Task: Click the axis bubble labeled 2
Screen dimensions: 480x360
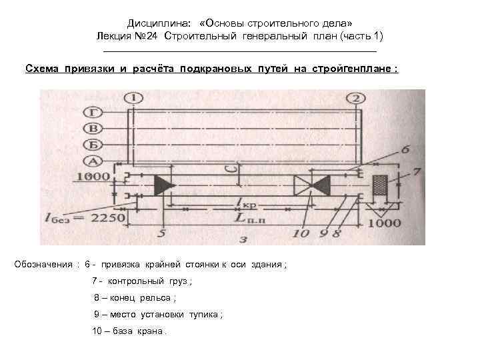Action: pyautogui.click(x=357, y=99)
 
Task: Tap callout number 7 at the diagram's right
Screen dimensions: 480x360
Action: pyautogui.click(x=417, y=172)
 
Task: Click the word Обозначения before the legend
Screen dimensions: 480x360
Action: pyautogui.click(x=43, y=265)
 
